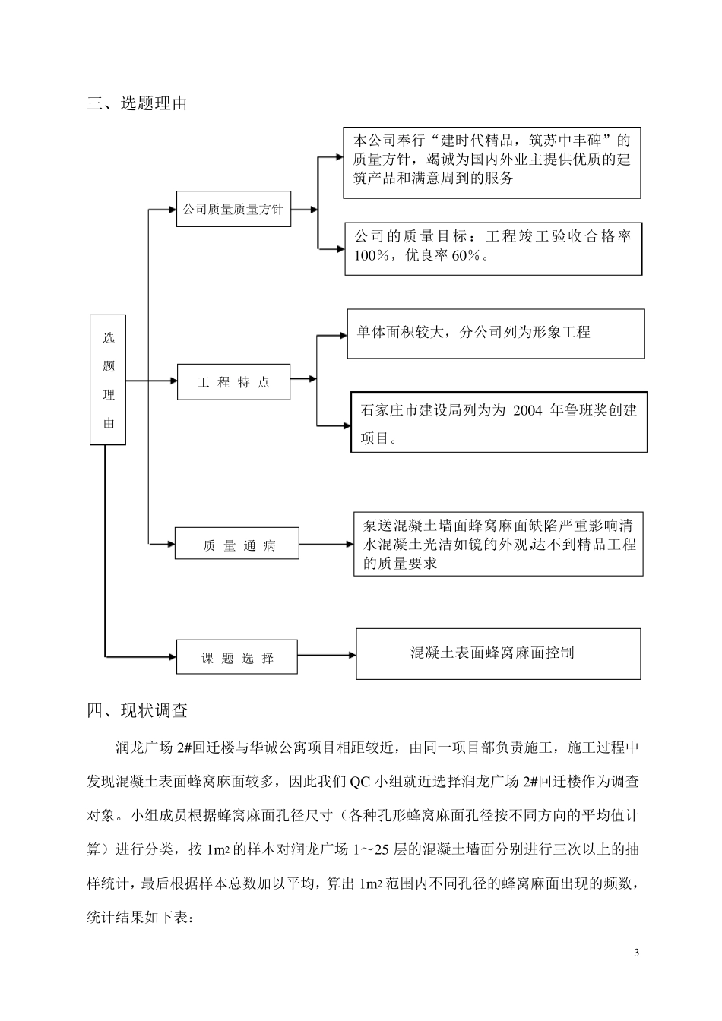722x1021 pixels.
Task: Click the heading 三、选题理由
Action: pyautogui.click(x=137, y=103)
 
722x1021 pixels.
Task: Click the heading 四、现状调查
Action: pyautogui.click(x=137, y=711)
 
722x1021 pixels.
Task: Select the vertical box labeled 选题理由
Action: pyautogui.click(x=108, y=380)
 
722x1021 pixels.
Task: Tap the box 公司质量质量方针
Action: pyautogui.click(x=234, y=209)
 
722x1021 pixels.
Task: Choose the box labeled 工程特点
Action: pyautogui.click(x=234, y=382)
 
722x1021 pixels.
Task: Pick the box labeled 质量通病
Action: pyautogui.click(x=237, y=544)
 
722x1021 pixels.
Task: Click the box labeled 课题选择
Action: pyautogui.click(x=237, y=657)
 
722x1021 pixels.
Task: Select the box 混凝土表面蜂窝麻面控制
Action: pyautogui.click(x=498, y=653)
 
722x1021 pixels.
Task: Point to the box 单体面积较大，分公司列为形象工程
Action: pyautogui.click(x=496, y=333)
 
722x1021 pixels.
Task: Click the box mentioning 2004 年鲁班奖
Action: pyautogui.click(x=498, y=422)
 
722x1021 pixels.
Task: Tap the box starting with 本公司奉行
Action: pyautogui.click(x=492, y=163)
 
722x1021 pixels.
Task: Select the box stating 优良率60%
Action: pyautogui.click(x=493, y=248)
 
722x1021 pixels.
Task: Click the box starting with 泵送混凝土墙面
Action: pyautogui.click(x=498, y=544)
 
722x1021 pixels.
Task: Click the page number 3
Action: pyautogui.click(x=637, y=953)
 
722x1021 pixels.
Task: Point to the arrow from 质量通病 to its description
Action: pyautogui.click(x=326, y=544)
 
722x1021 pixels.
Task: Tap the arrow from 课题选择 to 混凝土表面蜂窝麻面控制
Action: pyautogui.click(x=327, y=654)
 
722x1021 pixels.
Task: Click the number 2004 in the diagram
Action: pyautogui.click(x=527, y=411)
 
